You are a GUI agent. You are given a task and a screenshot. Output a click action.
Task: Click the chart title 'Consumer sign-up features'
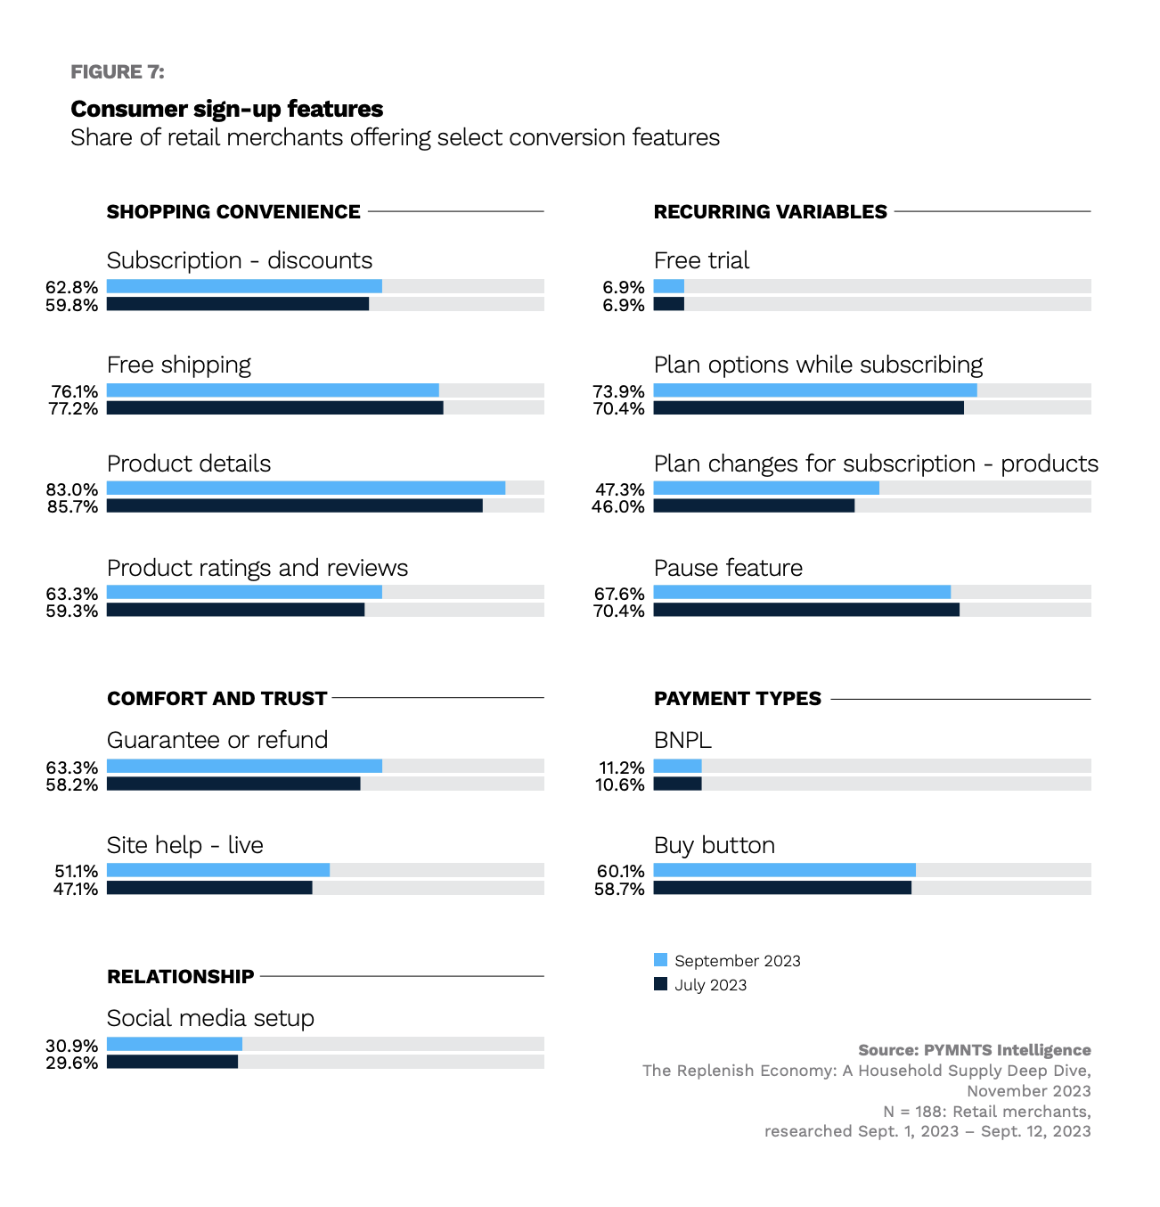pos(227,109)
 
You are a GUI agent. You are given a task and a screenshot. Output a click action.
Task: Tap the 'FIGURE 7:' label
pos(118,72)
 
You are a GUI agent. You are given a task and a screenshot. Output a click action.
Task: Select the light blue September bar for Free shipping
pos(273,390)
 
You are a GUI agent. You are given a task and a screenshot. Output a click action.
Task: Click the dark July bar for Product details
pos(294,506)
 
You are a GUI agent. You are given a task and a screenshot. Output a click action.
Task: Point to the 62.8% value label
pos(72,287)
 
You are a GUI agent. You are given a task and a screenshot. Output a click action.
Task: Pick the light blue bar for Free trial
pos(669,286)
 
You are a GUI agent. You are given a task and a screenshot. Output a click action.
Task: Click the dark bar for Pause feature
pos(806,610)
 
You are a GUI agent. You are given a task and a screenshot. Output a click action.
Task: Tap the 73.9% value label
pos(619,391)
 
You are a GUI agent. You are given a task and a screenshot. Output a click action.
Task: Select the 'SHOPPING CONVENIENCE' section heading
pos(233,212)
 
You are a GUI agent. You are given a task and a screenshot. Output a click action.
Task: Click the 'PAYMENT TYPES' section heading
pos(738,699)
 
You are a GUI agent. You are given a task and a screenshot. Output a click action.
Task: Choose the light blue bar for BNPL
pos(678,766)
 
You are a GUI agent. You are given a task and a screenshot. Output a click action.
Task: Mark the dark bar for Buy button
pos(782,888)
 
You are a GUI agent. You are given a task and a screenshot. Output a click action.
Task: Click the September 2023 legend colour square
pos(660,960)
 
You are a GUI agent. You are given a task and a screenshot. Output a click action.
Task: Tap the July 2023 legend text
pos(710,985)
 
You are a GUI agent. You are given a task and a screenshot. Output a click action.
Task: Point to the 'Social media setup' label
pos(210,1018)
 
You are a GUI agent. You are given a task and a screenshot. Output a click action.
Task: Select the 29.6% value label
pos(72,1063)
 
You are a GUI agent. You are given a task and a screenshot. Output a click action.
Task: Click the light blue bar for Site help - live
pos(218,870)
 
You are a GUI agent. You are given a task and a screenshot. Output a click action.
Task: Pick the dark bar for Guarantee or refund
pos(233,784)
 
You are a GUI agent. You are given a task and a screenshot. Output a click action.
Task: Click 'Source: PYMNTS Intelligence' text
pos(975,1050)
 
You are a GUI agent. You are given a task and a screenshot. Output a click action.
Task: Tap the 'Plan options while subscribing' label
pos(818,365)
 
